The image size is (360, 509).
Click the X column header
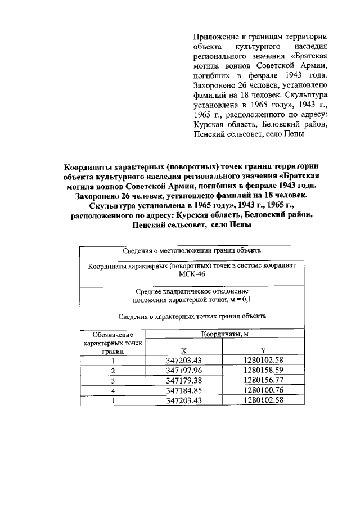(x=184, y=349)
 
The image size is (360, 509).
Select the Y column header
(x=263, y=349)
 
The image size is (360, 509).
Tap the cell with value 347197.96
(x=184, y=371)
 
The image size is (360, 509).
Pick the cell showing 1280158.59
(x=263, y=371)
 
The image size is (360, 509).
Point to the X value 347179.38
(x=184, y=380)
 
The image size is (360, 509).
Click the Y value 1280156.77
(x=263, y=380)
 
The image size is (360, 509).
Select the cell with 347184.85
(x=184, y=390)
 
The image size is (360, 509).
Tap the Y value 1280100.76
(x=263, y=390)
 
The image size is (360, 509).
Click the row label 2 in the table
(x=113, y=371)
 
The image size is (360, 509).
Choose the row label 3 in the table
(x=113, y=381)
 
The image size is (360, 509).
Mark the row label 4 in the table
(x=113, y=390)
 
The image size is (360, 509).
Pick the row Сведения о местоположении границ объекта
(x=192, y=250)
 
